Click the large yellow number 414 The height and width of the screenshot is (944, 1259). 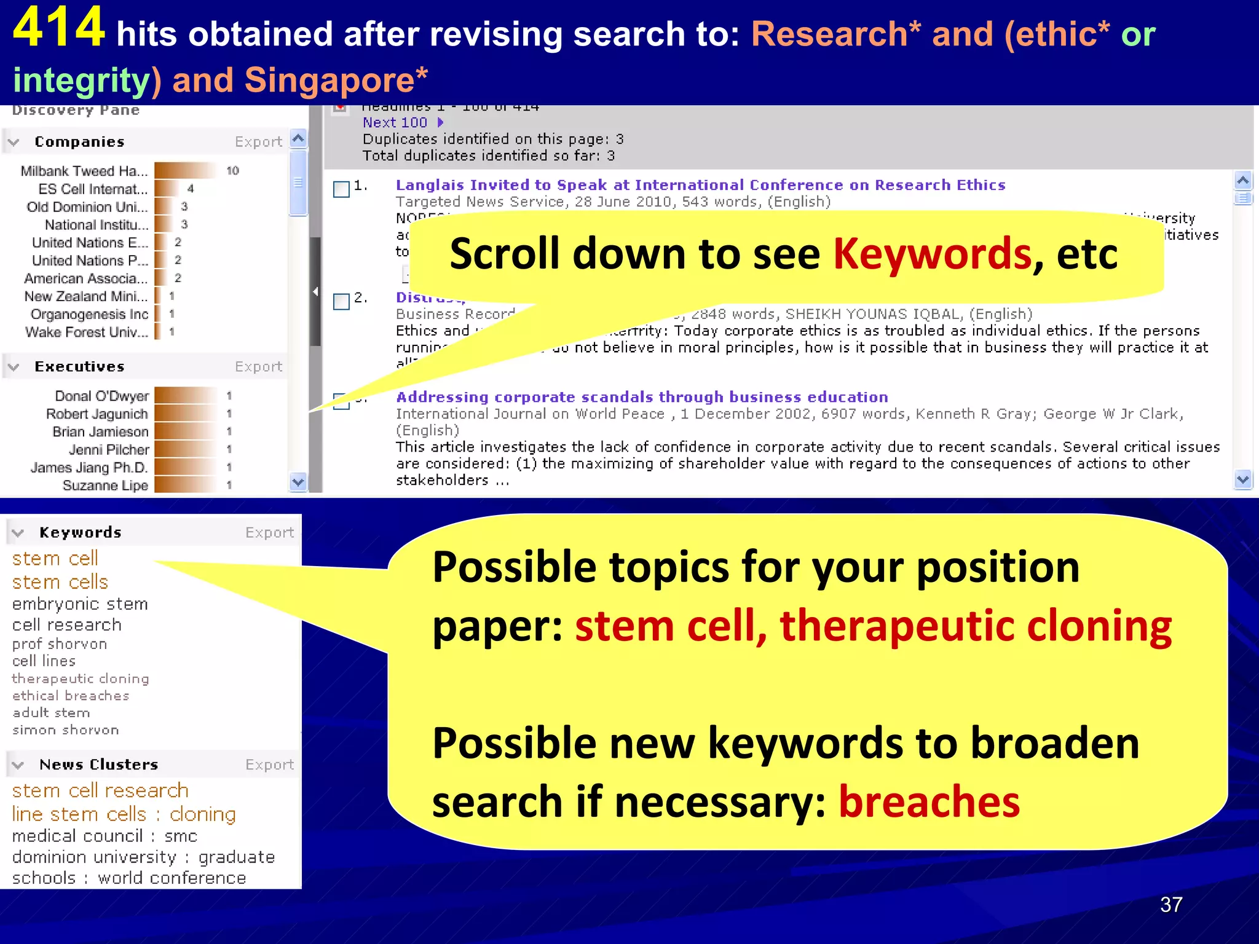point(59,28)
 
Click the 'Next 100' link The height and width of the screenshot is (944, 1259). point(395,123)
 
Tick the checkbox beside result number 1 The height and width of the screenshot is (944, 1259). point(341,189)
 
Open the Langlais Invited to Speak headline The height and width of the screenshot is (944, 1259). point(700,185)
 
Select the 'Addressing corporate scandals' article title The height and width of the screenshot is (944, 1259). point(642,397)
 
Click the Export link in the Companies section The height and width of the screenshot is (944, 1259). point(258,142)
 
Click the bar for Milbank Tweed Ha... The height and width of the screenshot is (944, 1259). point(185,170)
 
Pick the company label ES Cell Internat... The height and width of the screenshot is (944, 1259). point(93,189)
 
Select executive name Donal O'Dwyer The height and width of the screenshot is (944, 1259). point(101,396)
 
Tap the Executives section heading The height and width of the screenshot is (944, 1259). point(79,367)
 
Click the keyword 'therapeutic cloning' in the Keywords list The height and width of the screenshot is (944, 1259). point(81,678)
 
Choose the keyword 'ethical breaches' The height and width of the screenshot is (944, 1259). point(71,696)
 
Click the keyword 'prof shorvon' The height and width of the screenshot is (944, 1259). point(60,644)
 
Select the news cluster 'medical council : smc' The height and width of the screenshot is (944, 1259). point(105,836)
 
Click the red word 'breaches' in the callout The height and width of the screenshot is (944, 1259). point(929,802)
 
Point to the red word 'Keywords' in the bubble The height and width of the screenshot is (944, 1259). point(932,254)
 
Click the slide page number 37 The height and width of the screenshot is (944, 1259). point(1170,905)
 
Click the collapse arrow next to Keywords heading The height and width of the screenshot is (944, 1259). point(18,533)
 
